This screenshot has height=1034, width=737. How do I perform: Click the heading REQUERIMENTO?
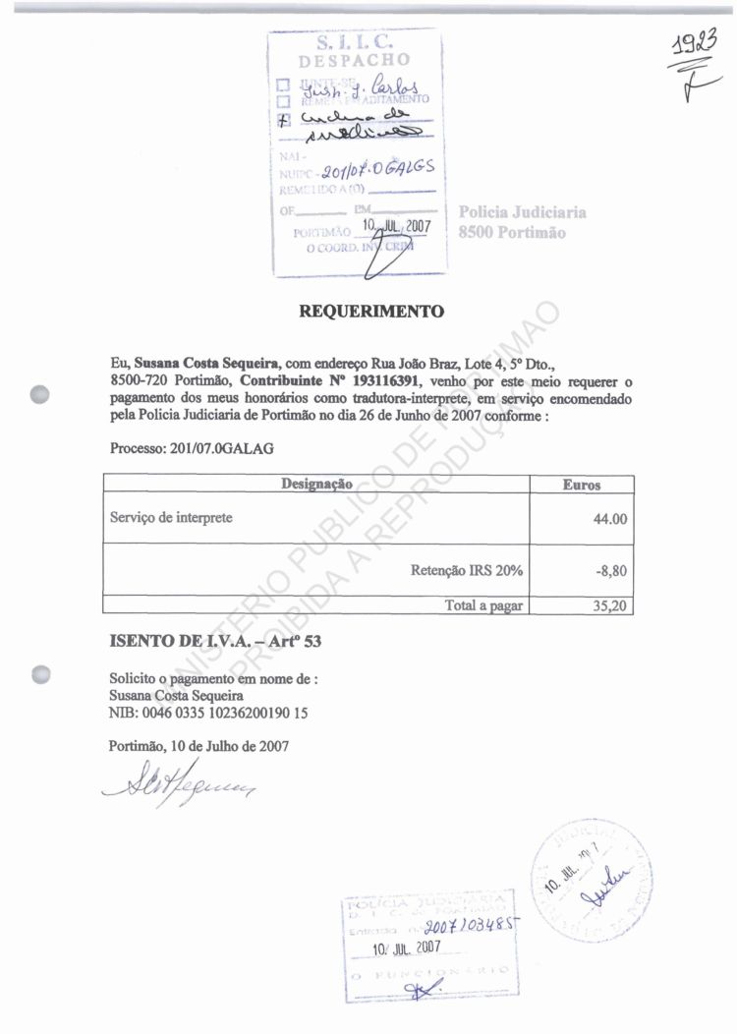(370, 312)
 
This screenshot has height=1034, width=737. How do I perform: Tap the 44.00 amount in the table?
(609, 519)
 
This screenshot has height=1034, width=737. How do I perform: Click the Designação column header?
(316, 484)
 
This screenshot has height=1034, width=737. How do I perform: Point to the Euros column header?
(582, 485)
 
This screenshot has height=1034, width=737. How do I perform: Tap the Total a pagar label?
(483, 605)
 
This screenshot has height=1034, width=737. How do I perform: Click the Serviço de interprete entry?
(170, 518)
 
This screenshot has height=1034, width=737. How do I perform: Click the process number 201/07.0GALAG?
(193, 448)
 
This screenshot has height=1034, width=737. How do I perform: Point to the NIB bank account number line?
(207, 713)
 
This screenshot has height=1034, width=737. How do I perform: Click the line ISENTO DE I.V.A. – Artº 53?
(215, 642)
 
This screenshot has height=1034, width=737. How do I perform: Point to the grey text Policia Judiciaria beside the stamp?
(523, 212)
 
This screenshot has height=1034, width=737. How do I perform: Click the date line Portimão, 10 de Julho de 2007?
(198, 746)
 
